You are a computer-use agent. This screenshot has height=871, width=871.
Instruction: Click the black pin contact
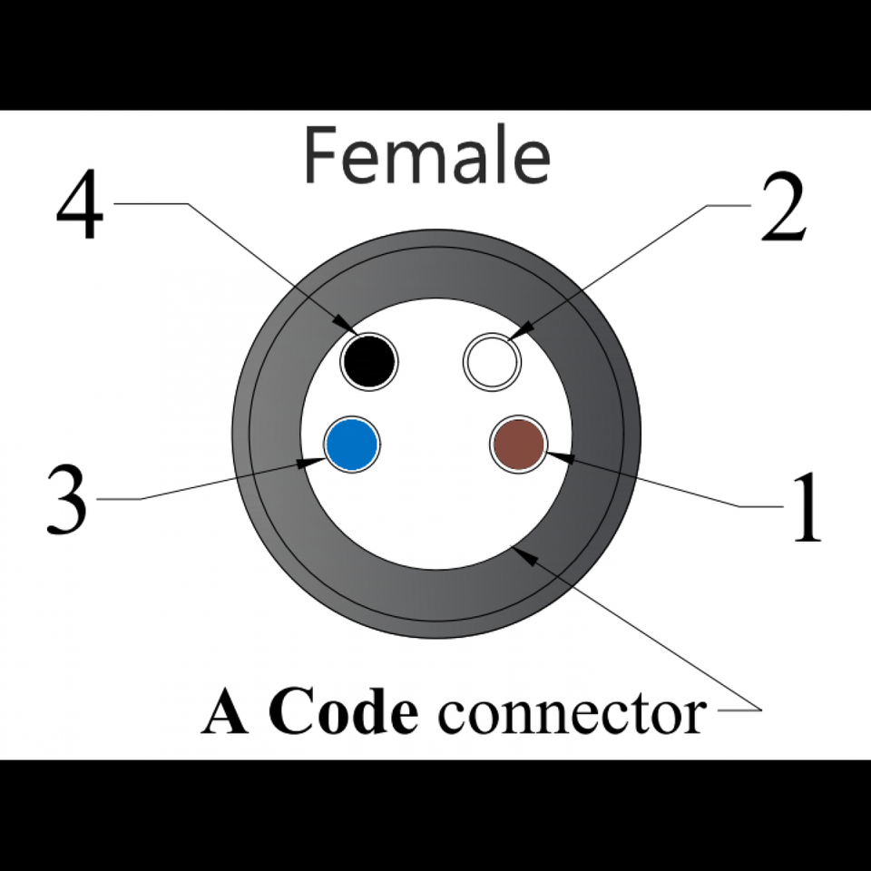pyautogui.click(x=369, y=361)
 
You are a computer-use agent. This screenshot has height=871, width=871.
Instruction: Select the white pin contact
pyautogui.click(x=492, y=361)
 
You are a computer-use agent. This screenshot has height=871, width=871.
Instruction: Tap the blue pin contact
pyautogui.click(x=353, y=445)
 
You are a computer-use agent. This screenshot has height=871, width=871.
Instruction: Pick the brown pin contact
pyautogui.click(x=518, y=445)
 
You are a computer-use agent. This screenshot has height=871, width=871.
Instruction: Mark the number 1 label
pyautogui.click(x=807, y=508)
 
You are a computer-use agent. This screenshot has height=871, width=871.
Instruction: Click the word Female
pyautogui.click(x=426, y=156)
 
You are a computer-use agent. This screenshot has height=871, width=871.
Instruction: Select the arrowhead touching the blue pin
pyautogui.click(x=311, y=463)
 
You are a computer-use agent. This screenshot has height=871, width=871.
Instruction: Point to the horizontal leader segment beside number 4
pyautogui.click(x=150, y=204)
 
